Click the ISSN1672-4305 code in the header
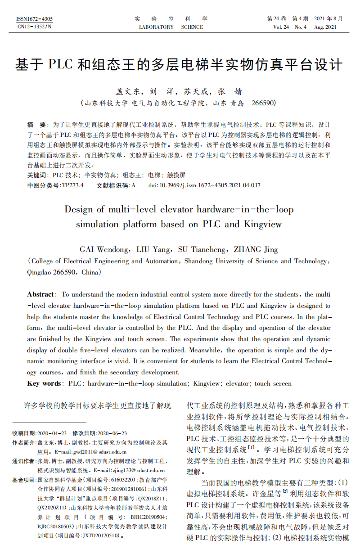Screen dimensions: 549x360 point(34,19)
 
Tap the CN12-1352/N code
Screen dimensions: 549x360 point(34,27)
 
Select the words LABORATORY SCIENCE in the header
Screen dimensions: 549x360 point(171,27)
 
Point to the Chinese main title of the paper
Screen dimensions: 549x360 point(179,65)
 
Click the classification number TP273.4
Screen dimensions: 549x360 point(72,185)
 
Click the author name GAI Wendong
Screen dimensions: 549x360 point(104,249)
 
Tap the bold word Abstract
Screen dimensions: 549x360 point(40,294)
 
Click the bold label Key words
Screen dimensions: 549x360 point(44,383)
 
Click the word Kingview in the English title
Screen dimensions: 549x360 point(263,224)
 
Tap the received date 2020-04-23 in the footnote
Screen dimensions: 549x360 point(52,433)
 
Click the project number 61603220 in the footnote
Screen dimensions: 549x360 point(122,480)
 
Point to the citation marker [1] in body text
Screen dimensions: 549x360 point(251,448)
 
